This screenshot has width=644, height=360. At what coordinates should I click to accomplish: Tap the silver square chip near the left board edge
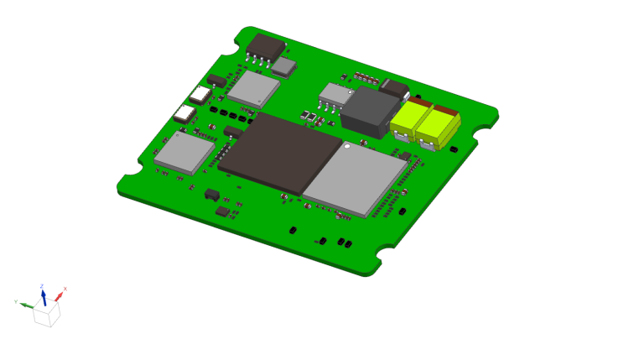[x=184, y=153]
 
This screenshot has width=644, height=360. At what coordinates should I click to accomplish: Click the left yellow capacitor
[x=410, y=121]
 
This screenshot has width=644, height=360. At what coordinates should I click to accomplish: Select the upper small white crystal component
[x=202, y=94]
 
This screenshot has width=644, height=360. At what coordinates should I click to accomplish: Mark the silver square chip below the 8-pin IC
[x=254, y=87]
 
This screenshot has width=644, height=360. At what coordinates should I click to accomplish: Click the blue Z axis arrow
[x=44, y=295]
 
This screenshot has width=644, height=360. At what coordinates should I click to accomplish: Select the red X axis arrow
[x=59, y=295]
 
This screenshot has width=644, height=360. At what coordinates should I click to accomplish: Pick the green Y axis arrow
[x=28, y=305]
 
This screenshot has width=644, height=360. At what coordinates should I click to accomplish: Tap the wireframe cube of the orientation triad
[x=47, y=315]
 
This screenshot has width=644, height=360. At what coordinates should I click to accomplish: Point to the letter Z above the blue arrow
[x=42, y=286]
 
